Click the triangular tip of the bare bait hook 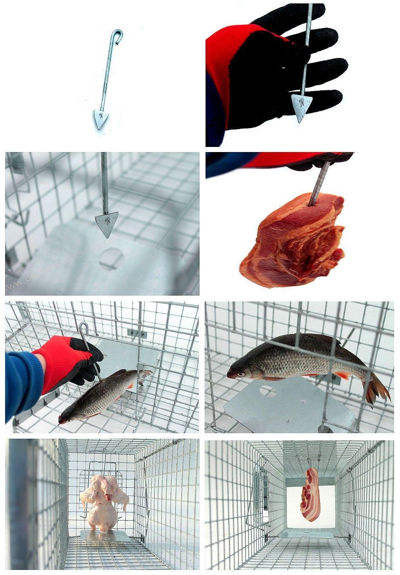tap(100, 119)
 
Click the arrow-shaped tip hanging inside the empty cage tap(106, 224)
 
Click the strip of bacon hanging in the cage tap(311, 494)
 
